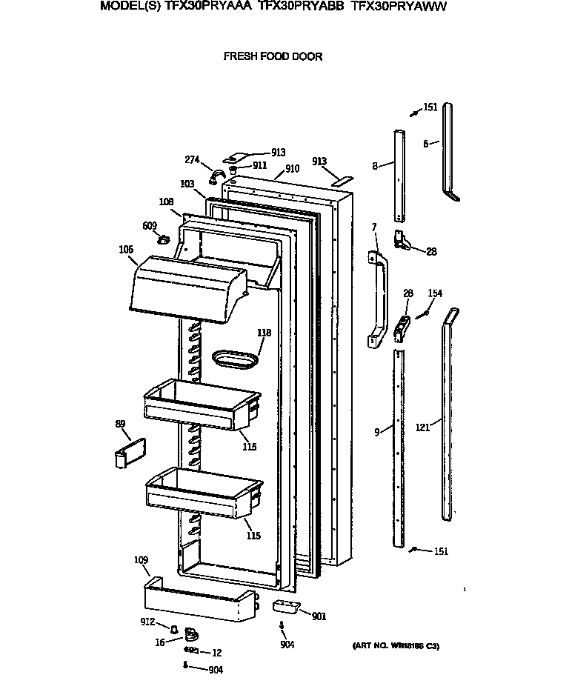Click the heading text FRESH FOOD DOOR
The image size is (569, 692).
click(x=273, y=56)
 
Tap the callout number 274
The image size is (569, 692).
click(x=192, y=159)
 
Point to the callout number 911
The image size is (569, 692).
click(x=259, y=166)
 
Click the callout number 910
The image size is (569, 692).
click(x=292, y=169)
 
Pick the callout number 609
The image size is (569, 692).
click(x=149, y=226)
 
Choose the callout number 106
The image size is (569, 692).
click(x=126, y=250)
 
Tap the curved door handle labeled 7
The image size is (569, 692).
click(x=379, y=296)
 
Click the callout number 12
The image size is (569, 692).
click(x=216, y=653)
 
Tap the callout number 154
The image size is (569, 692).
click(x=435, y=294)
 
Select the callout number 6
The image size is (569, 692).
click(x=426, y=144)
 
